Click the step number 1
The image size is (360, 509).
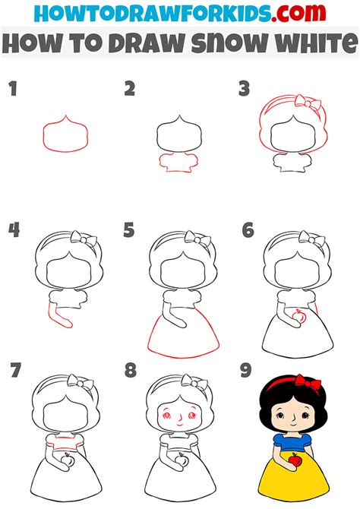tap(13, 89)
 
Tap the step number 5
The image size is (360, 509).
tap(129, 230)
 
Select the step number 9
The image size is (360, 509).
tap(246, 370)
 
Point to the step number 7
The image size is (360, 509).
tap(16, 370)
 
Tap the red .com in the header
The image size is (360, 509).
tap(298, 13)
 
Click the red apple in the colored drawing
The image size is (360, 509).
tap(295, 460)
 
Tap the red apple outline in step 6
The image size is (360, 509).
tap(298, 315)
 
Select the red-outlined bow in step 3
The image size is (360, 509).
tap(308, 103)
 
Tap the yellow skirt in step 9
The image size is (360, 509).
tap(294, 477)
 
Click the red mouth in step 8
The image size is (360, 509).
tap(179, 425)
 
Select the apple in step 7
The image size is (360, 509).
tap(68, 460)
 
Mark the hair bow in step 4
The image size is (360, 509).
tap(84, 239)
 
